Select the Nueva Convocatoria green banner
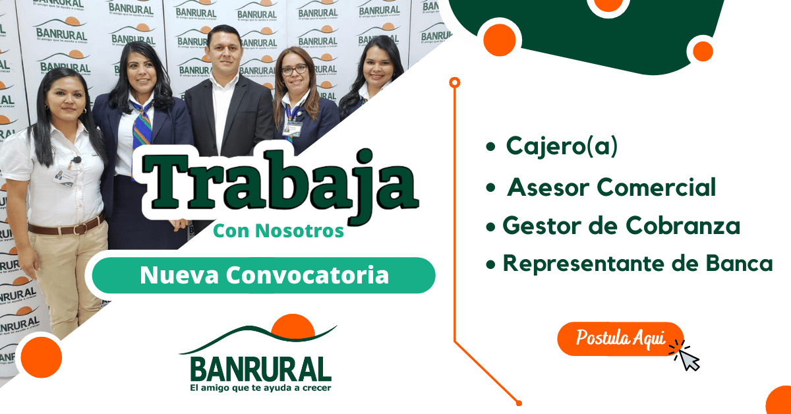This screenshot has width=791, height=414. click(264, 275)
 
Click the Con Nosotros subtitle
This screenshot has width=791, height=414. click(278, 231)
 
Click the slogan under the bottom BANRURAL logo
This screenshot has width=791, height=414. click(260, 388)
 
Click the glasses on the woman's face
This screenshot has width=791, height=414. click(294, 69)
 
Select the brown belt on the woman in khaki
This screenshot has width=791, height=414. click(66, 227)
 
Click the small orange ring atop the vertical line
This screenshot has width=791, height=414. click(454, 82)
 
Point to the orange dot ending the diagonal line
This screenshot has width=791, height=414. click(519, 403)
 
